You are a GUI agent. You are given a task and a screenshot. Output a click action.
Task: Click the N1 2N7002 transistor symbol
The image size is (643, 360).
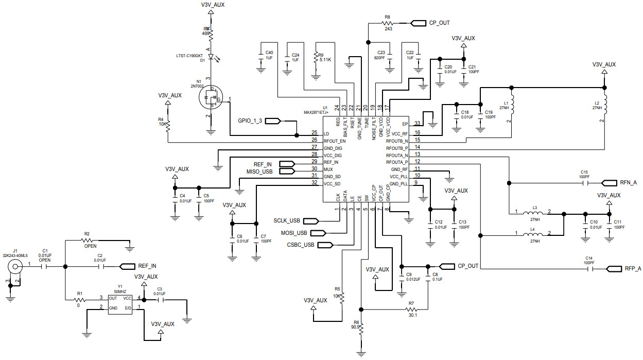211,98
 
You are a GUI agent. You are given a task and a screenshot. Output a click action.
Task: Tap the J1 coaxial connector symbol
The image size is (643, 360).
16,266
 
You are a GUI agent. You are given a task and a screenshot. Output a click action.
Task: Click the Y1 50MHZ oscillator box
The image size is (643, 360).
120,303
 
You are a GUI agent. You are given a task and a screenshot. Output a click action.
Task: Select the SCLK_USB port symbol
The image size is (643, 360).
312,221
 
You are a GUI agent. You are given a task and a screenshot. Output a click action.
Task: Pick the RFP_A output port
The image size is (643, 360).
615,269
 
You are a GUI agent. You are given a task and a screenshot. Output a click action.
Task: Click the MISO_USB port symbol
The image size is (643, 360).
286,171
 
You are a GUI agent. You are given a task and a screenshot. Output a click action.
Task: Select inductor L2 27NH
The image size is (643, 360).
605,105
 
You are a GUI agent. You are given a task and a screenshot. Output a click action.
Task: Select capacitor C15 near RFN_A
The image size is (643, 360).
584,182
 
